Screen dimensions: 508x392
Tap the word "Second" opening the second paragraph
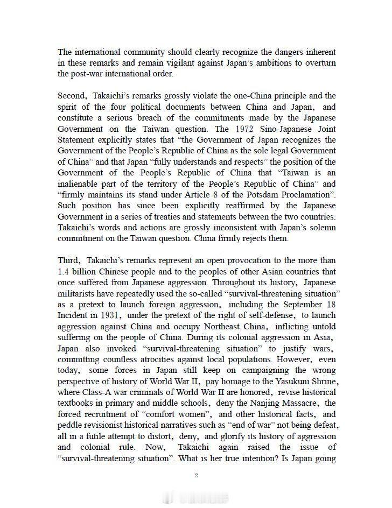click(71, 96)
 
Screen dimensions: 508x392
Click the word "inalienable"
click(81, 184)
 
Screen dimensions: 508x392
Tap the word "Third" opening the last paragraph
click(69, 260)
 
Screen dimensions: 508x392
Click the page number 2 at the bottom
click(197, 475)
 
